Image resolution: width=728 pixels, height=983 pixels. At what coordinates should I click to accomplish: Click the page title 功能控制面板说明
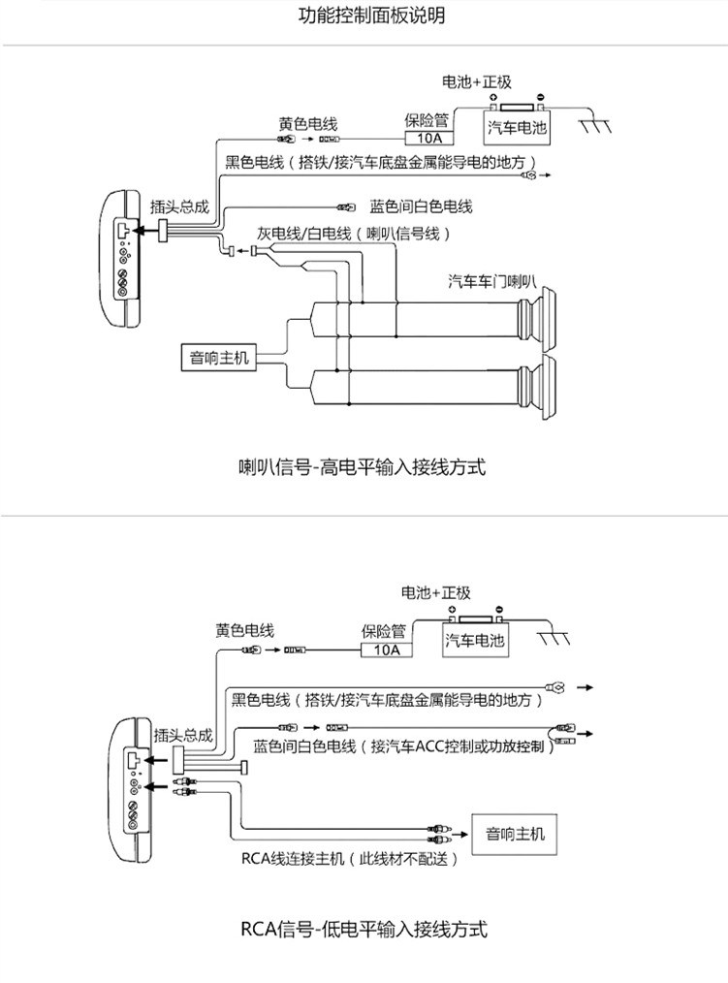(x=371, y=16)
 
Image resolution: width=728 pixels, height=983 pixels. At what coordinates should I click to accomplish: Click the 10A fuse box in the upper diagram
(x=428, y=138)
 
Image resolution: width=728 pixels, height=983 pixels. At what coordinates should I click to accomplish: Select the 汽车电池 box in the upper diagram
(x=518, y=128)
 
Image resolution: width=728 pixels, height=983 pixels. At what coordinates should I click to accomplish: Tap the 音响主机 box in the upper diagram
(x=219, y=358)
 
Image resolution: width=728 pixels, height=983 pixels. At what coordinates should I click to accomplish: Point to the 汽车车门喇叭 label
(x=492, y=281)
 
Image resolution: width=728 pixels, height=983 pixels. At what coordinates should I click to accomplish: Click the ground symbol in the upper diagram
(x=594, y=123)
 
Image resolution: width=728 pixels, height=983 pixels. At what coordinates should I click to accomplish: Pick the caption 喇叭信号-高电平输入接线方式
(x=362, y=467)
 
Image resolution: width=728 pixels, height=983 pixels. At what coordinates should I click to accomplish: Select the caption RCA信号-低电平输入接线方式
(x=364, y=929)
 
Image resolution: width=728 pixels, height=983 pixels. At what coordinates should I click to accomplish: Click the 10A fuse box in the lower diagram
(x=387, y=650)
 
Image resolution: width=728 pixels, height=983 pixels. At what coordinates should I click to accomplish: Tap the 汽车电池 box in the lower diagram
(x=475, y=640)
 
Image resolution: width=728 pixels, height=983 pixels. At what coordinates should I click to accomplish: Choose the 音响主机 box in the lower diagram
(x=515, y=834)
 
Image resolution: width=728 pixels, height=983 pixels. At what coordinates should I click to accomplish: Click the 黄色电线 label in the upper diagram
(x=308, y=123)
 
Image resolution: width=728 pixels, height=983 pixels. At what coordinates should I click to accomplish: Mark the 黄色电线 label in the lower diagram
(x=244, y=630)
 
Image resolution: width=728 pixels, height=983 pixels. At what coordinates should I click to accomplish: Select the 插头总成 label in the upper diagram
(x=179, y=206)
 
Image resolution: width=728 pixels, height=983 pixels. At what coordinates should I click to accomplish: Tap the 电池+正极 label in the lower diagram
(x=436, y=592)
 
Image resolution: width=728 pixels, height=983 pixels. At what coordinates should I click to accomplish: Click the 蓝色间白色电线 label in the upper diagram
(x=421, y=206)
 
